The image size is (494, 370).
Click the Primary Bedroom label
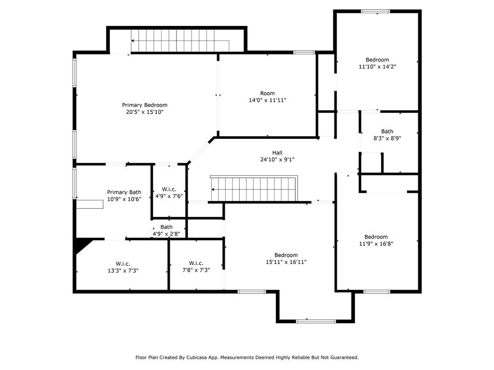click(x=145, y=105)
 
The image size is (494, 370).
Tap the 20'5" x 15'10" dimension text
click(x=145, y=112)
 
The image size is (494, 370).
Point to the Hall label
click(x=277, y=153)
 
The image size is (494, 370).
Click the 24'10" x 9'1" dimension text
click(x=277, y=159)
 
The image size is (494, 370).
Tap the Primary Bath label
click(x=124, y=192)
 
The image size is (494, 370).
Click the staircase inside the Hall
click(x=254, y=188)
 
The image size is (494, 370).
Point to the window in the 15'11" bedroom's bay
click(x=316, y=321)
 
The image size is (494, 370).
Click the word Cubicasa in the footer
click(x=197, y=357)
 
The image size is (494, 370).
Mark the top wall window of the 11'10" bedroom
click(x=375, y=12)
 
